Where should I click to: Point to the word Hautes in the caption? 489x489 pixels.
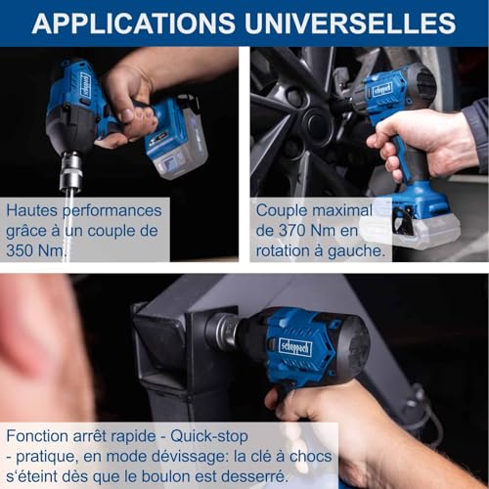33,209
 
